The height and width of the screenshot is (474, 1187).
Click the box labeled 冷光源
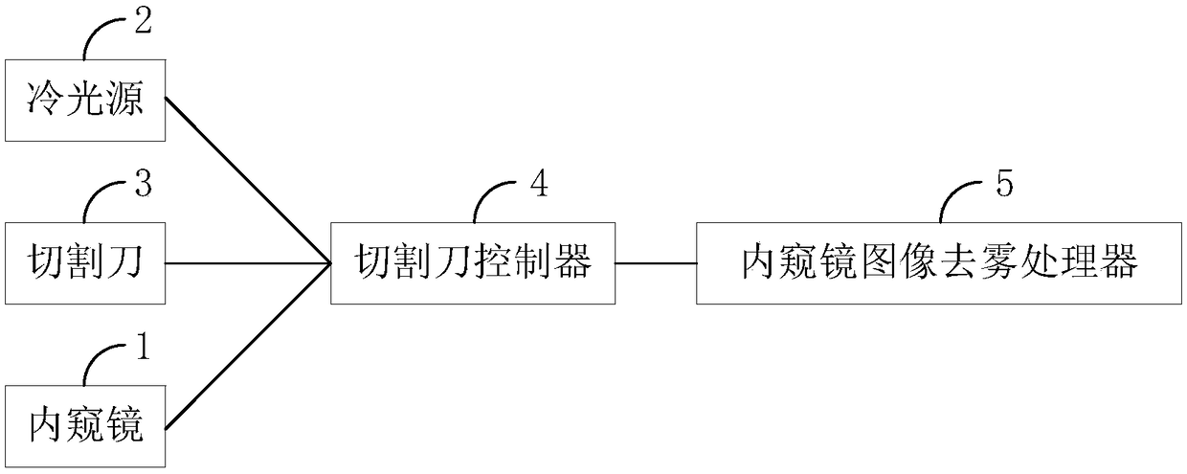[x=86, y=101]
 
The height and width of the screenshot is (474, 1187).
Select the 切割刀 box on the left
[x=86, y=262]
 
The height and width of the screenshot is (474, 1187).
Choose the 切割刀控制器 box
[x=473, y=262]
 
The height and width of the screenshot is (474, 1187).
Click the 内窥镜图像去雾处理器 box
[x=940, y=262]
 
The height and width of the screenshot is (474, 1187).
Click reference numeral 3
[x=142, y=184]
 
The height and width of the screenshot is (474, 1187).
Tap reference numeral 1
[x=142, y=348]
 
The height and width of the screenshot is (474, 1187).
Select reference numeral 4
[x=540, y=184]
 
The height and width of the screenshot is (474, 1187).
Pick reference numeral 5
[x=1004, y=184]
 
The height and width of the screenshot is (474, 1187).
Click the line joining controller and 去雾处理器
[x=656, y=262]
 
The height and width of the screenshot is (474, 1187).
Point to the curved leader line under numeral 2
[x=101, y=38]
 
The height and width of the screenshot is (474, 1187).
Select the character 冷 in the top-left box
[x=46, y=100]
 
